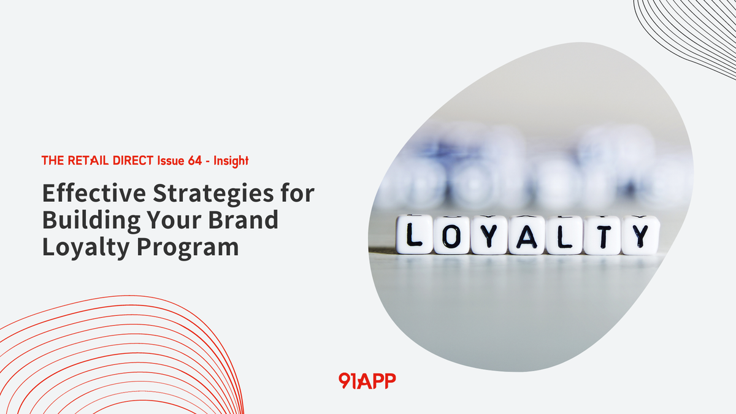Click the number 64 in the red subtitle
(190, 161)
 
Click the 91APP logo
(367, 380)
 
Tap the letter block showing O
(451, 235)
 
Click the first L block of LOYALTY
(414, 235)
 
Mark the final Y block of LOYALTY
(640, 235)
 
